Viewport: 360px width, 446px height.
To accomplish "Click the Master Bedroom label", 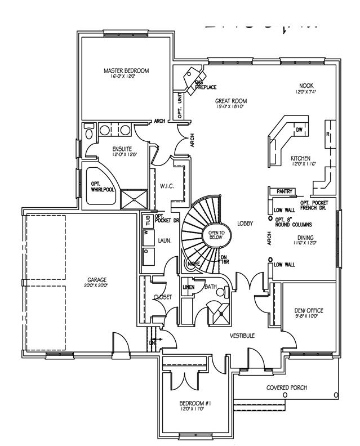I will coord(126,71).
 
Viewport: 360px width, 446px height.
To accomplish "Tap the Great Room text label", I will coord(231,101).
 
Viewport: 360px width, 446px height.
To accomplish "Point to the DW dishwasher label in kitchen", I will coord(299,130).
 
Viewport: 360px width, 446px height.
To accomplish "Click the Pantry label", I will coord(284,192).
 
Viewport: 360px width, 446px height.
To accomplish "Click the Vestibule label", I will coord(242,336).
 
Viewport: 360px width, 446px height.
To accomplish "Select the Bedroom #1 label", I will coord(194,404).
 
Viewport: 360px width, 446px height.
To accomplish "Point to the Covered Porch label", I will coord(291,388).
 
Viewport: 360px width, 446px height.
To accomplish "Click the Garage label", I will coord(97,280).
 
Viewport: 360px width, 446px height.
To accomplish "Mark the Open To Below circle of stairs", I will coord(217,235).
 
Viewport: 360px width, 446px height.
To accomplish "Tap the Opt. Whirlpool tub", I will coord(100,186).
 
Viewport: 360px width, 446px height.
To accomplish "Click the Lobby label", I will coord(245,224).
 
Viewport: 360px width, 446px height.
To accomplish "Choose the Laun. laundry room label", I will coord(165,240).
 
